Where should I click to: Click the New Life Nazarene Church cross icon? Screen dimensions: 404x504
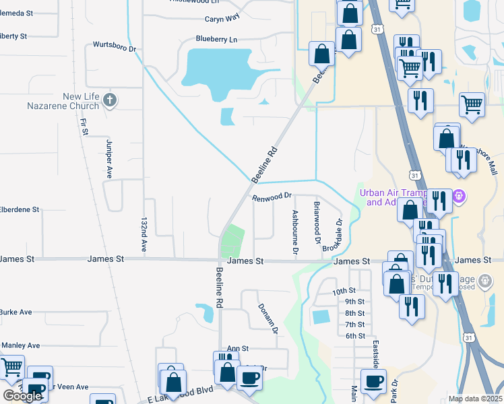click(x=110, y=101)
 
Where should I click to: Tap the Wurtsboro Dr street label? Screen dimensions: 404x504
click(x=115, y=49)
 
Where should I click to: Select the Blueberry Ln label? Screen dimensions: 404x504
click(x=216, y=40)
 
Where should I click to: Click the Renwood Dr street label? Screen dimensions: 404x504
click(x=272, y=197)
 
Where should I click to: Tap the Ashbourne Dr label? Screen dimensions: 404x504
click(x=294, y=232)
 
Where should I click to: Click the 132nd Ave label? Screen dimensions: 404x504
click(x=144, y=235)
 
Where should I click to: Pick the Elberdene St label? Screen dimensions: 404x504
click(x=20, y=210)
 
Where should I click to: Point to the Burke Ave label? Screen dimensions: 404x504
click(x=16, y=312)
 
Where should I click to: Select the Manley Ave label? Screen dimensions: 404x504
click(x=20, y=345)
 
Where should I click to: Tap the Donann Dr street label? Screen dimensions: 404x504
click(x=268, y=318)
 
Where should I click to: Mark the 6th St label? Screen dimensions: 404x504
click(x=354, y=335)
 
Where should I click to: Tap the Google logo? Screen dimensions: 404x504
click(x=22, y=396)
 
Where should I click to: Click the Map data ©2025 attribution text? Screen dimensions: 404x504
click(x=475, y=399)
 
